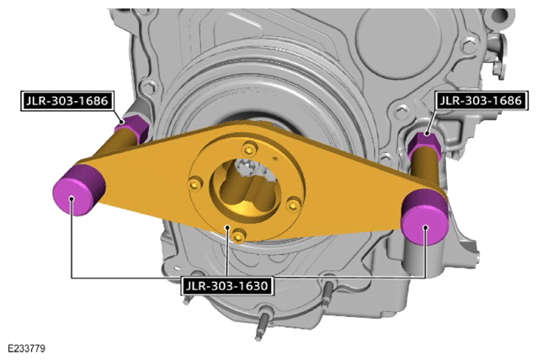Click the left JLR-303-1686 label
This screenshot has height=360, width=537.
point(67,101)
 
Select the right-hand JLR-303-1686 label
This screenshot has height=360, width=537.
point(481,100)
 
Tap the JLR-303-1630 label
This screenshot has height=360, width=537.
point(226,285)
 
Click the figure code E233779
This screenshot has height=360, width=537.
point(26,349)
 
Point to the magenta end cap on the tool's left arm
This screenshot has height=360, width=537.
point(78,190)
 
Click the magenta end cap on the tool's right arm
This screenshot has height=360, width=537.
point(425,218)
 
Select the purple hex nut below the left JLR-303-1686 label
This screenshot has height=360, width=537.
point(132,129)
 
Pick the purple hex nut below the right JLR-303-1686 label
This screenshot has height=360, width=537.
point(424,146)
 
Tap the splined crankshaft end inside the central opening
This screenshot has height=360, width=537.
point(253,170)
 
